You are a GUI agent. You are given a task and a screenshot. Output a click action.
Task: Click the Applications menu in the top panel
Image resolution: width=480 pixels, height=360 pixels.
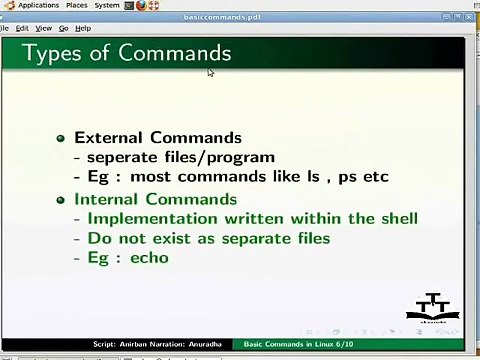(x=37, y=6)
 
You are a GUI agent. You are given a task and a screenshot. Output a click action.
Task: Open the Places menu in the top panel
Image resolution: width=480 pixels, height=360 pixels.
(x=76, y=6)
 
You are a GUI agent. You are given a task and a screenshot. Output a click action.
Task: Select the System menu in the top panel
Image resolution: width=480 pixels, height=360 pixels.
(x=107, y=6)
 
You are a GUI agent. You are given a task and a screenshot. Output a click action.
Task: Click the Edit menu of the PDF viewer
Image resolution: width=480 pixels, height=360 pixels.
(x=22, y=28)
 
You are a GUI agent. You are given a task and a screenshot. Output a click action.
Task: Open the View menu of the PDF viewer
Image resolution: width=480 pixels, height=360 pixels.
(x=43, y=28)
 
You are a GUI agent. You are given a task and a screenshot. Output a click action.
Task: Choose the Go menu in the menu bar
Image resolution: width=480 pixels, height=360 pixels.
(x=63, y=28)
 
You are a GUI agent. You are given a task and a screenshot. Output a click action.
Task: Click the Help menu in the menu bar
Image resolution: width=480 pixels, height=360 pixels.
(x=83, y=28)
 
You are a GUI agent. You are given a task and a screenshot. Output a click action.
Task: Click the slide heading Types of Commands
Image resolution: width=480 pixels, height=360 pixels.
(x=126, y=53)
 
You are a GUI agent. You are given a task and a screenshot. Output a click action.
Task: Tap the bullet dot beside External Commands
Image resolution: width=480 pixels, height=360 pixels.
(x=62, y=138)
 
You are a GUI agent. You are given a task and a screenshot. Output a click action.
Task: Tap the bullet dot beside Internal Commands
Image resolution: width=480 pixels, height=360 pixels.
(x=62, y=200)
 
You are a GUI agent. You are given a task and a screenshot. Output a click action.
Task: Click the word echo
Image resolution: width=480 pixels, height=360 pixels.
(x=148, y=258)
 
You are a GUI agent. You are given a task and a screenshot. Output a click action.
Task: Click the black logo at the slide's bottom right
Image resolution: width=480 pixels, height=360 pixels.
(x=433, y=309)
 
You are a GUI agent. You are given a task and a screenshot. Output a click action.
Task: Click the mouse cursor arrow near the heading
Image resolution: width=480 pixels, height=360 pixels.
(x=211, y=71)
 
